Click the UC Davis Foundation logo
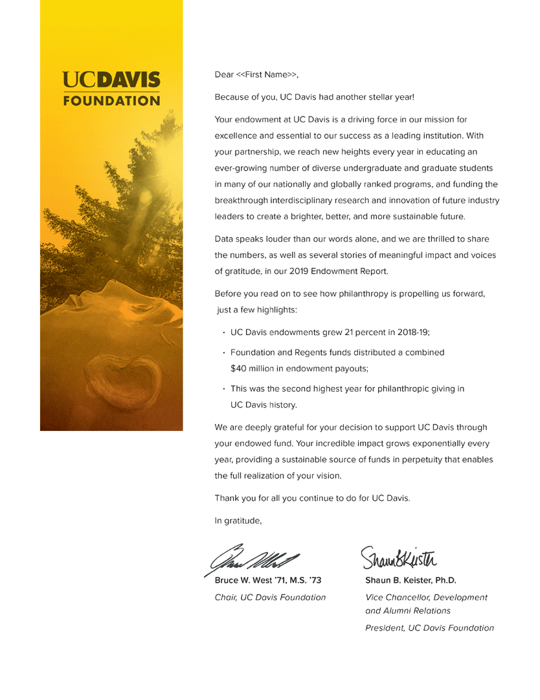click(111, 89)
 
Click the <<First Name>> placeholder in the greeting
click(266, 75)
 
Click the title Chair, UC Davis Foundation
click(270, 597)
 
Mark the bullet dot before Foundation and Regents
click(223, 353)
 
